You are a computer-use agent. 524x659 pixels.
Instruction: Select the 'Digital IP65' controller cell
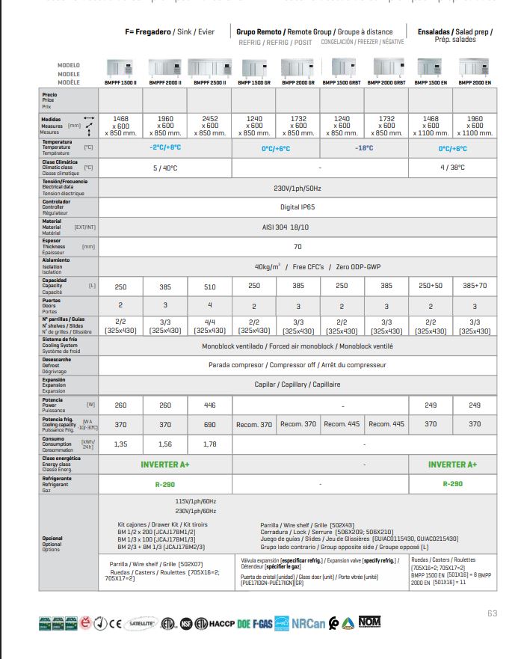point(297,206)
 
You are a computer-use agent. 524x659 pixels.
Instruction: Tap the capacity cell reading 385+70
point(475,286)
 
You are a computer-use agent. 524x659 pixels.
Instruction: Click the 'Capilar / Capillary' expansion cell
point(297,384)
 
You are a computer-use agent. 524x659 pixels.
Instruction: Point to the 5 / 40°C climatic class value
point(164,168)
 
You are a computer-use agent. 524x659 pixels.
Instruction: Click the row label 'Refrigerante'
point(57,479)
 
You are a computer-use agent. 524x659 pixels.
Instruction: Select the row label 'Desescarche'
point(55,359)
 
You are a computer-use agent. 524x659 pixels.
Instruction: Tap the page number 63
point(492,613)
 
